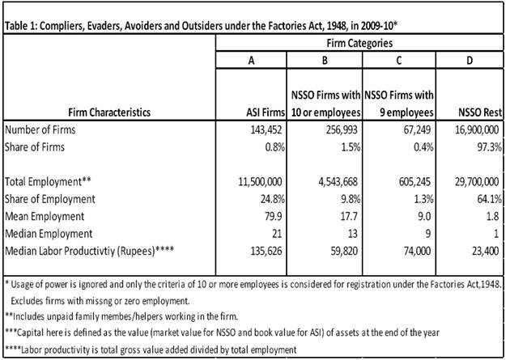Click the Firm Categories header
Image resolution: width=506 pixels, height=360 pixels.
[359, 41]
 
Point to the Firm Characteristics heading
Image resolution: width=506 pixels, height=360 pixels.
[100, 113]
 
